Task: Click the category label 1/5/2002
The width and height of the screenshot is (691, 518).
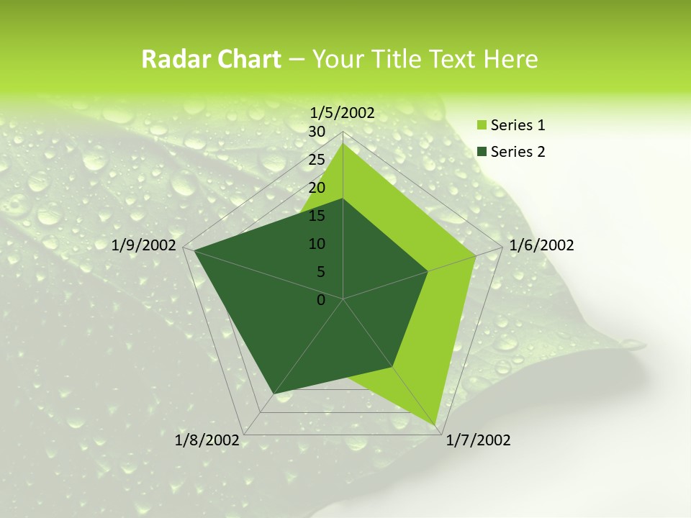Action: (342, 112)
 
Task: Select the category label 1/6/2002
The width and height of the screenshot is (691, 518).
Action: (541, 245)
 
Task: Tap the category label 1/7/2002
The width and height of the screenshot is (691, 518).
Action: (478, 440)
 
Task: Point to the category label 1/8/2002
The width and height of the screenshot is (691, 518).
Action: (207, 440)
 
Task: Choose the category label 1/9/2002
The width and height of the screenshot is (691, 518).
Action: (144, 245)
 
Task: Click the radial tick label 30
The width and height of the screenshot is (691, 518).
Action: (317, 132)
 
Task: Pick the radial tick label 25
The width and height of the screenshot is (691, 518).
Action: (317, 160)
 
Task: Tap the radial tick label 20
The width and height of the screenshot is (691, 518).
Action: (317, 188)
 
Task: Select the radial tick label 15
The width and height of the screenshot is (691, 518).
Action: (317, 216)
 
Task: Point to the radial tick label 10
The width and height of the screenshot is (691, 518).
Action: (317, 244)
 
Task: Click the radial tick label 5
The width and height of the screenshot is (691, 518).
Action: (320, 272)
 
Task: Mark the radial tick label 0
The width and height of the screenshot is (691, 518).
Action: (321, 300)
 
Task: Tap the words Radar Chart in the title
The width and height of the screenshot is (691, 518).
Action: (211, 60)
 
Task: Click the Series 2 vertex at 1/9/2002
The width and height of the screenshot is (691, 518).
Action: (193, 250)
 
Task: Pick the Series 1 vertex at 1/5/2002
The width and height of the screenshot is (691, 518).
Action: (343, 143)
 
